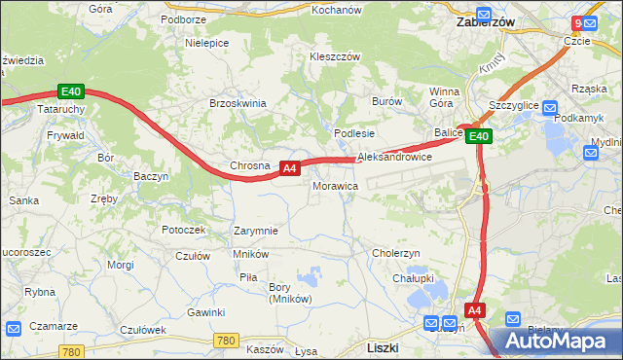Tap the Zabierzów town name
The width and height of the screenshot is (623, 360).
pyautogui.click(x=486, y=20)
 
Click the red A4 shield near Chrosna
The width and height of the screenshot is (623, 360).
pyautogui.click(x=288, y=168)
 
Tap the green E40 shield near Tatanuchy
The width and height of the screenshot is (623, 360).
pyautogui.click(x=71, y=92)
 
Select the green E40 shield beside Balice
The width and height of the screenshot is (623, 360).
pyautogui.click(x=478, y=137)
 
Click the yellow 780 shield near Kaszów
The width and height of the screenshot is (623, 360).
pyautogui.click(x=225, y=340)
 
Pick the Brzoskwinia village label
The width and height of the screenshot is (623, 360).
pyautogui.click(x=238, y=103)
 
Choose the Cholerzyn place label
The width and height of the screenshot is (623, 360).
pyautogui.click(x=395, y=253)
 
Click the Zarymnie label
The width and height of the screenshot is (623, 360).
pyautogui.click(x=256, y=232)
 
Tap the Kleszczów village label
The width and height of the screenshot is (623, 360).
pyautogui.click(x=335, y=56)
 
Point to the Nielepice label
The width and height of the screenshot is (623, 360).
pyautogui.click(x=206, y=44)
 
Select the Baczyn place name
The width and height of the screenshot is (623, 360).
pyautogui.click(x=151, y=177)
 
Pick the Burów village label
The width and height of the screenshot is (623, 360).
pyautogui.click(x=386, y=101)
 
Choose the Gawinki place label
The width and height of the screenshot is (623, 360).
pyautogui.click(x=206, y=312)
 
